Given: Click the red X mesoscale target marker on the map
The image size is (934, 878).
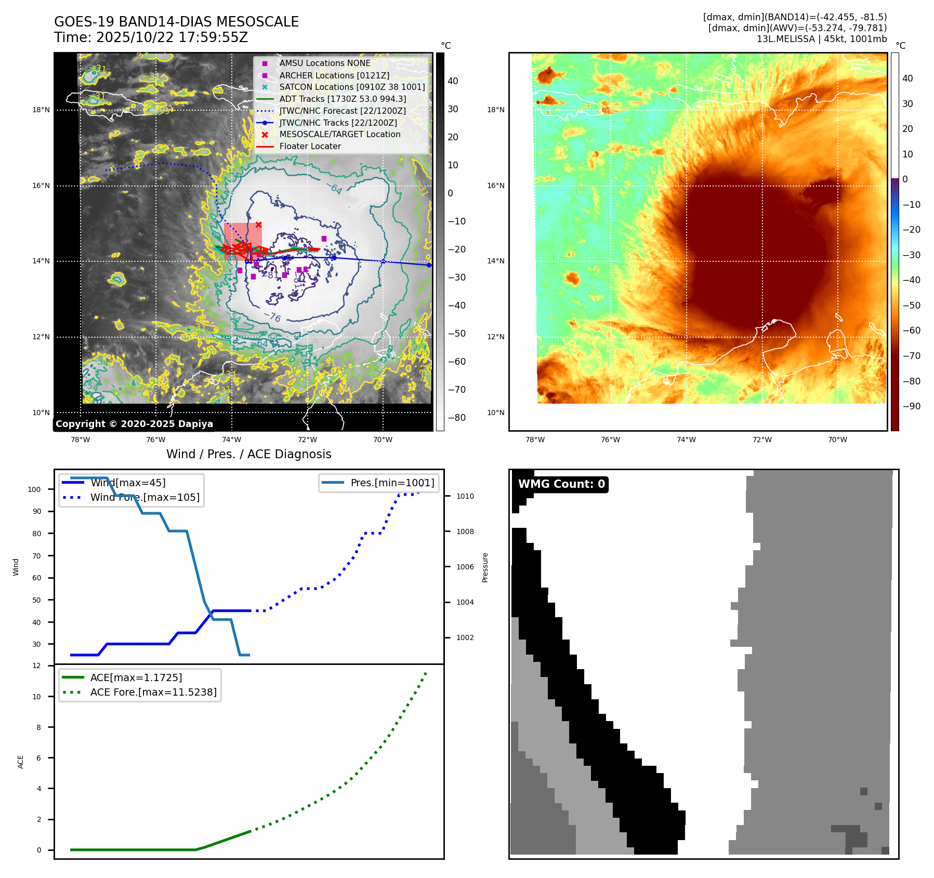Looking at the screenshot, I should [x=258, y=224].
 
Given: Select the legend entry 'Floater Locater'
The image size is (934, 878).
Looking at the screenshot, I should [x=310, y=147].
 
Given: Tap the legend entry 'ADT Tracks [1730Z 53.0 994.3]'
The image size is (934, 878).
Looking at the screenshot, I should [x=343, y=99].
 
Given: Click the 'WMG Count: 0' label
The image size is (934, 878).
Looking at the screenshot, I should [x=561, y=484].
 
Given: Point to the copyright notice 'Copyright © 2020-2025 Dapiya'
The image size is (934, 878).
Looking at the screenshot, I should [x=134, y=424].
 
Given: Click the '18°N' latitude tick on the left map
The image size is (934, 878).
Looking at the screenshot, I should [x=41, y=110].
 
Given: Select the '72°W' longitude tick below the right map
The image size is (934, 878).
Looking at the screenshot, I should [x=761, y=440].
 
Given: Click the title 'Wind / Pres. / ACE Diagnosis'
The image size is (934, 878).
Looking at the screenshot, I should [x=248, y=454].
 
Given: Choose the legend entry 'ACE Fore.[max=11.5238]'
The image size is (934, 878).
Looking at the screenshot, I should [x=153, y=692].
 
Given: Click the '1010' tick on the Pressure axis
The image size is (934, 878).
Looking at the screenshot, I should [x=465, y=497].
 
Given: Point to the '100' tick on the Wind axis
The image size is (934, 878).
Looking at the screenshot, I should [x=34, y=489].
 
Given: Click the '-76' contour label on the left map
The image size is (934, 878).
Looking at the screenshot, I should [x=272, y=316].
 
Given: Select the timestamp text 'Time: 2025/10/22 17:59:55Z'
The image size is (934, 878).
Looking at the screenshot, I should [x=151, y=37].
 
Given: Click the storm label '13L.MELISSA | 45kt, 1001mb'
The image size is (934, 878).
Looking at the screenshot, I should [x=821, y=39].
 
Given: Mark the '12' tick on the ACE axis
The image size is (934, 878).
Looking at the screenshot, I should [x=36, y=666].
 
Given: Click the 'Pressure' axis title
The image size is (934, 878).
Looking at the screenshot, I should [x=485, y=567].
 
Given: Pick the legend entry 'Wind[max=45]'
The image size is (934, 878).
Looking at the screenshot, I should [x=128, y=483].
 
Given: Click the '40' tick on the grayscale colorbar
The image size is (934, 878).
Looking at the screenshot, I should [x=453, y=81].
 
